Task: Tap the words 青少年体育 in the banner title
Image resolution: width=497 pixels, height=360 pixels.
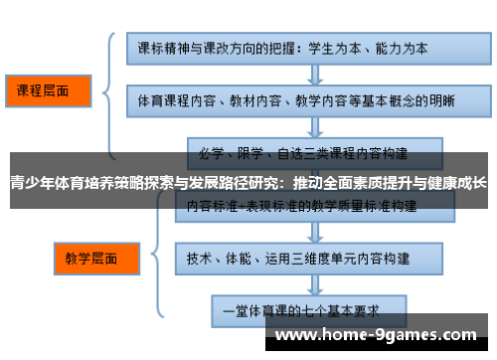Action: click(44, 183)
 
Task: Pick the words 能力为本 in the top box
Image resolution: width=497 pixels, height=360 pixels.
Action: click(408, 47)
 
